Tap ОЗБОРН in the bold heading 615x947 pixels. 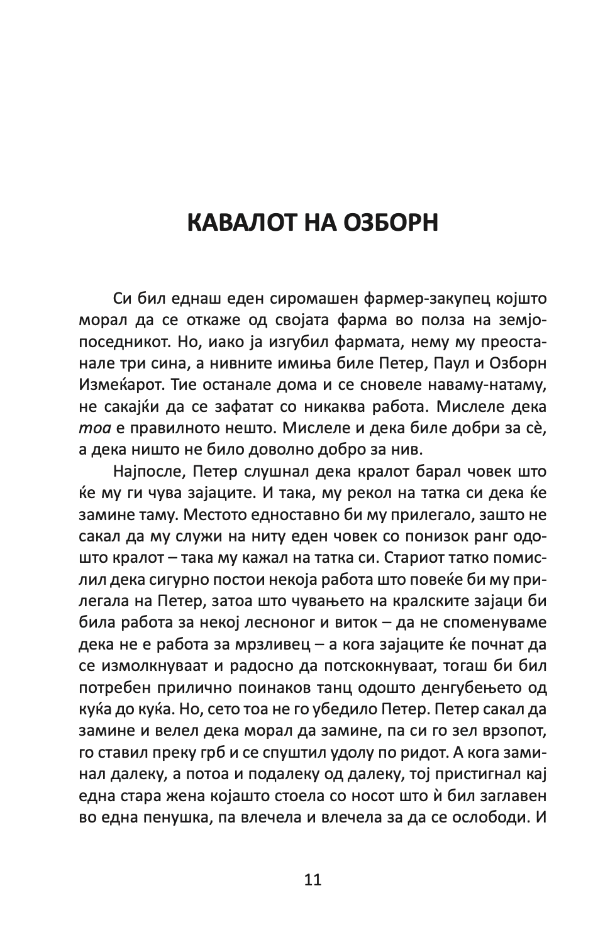point(391,223)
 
